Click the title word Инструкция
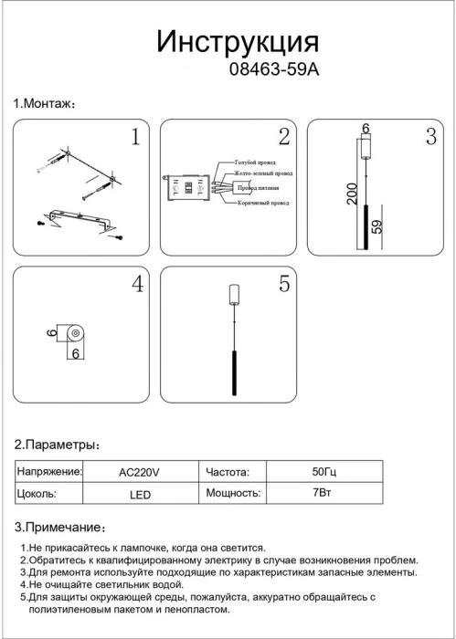click(238, 42)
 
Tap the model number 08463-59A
click(274, 70)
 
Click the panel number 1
click(135, 137)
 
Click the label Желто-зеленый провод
click(263, 173)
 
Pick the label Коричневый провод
click(263, 203)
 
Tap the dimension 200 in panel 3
click(353, 194)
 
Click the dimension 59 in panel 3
click(377, 226)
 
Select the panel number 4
click(137, 284)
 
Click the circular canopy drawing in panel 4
click(76, 334)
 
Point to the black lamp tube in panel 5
click(234, 372)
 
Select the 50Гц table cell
click(324, 472)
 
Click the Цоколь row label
click(37, 494)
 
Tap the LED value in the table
click(141, 495)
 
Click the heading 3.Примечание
click(60, 528)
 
